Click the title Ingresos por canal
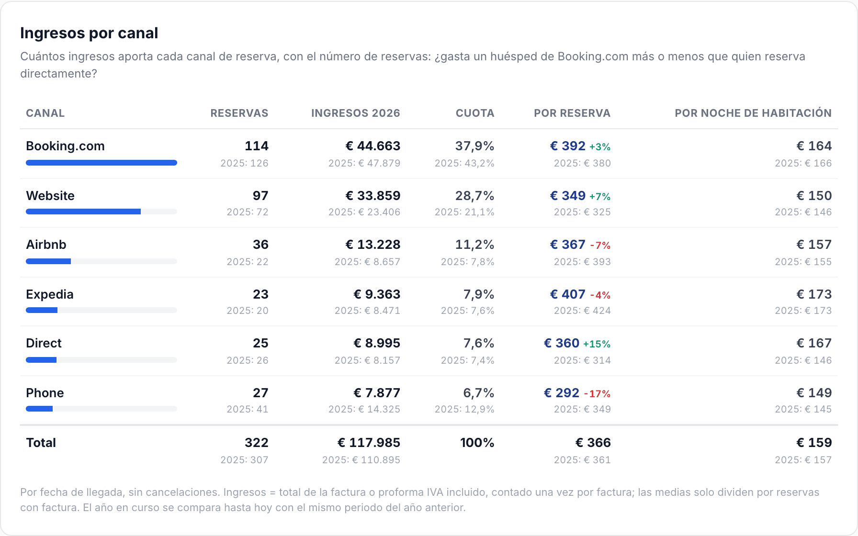(89, 33)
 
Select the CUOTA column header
(475, 113)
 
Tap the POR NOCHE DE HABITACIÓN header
(753, 113)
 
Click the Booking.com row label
(65, 146)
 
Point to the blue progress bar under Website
(83, 212)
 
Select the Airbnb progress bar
(48, 261)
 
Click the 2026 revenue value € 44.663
(373, 146)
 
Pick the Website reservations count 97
(260, 196)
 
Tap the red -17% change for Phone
(597, 393)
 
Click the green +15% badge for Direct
(597, 344)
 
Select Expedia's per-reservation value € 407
(568, 294)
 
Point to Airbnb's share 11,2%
(474, 245)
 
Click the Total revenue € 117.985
(369, 443)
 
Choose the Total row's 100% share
(477, 443)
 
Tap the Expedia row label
(50, 294)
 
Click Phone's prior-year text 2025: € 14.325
(364, 409)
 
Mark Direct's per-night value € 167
(814, 343)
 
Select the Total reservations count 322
(257, 443)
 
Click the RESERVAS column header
(239, 113)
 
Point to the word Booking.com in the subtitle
(593, 56)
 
